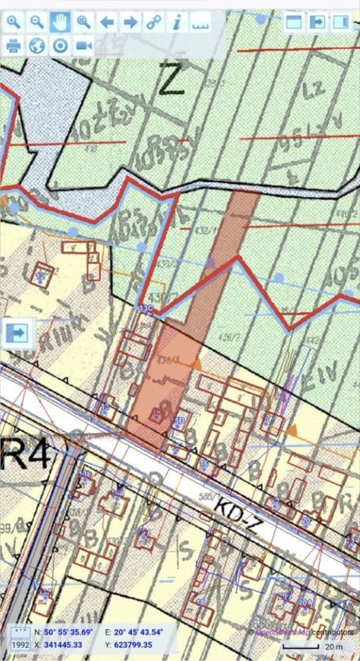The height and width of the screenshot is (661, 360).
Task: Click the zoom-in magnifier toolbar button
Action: (x=13, y=21)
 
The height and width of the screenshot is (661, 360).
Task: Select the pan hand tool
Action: (x=60, y=21)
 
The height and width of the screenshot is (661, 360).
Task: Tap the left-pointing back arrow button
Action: (x=107, y=21)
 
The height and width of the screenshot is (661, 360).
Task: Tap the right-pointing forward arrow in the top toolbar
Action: (x=130, y=21)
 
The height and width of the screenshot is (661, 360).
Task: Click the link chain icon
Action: (x=153, y=21)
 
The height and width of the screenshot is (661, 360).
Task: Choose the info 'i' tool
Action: (x=177, y=21)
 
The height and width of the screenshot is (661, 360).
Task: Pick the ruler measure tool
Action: (x=200, y=22)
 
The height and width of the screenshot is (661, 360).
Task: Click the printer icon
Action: (x=13, y=45)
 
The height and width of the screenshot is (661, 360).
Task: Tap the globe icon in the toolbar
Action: (x=36, y=45)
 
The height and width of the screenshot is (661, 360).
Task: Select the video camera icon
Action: (x=83, y=45)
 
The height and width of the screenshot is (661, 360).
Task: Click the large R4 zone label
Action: (x=25, y=455)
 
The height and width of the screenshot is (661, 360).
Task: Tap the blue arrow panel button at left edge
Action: (x=17, y=332)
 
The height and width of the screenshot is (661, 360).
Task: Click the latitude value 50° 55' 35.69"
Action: (x=68, y=632)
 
